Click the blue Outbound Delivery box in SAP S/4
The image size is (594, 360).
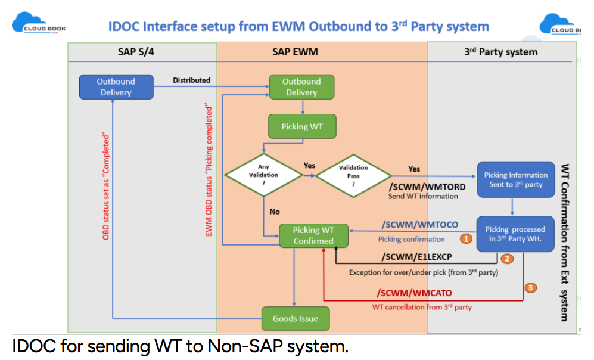[x=116, y=87]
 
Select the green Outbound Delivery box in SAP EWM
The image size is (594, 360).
[x=301, y=87]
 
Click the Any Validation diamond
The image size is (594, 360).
[x=263, y=175]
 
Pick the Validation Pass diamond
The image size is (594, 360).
[x=353, y=175]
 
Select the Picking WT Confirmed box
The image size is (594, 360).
[x=313, y=235]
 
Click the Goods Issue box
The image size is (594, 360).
[x=295, y=318]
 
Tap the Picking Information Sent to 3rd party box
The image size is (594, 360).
[x=515, y=179]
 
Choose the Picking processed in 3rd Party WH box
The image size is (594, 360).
[x=515, y=234]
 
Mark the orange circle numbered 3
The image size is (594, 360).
[x=531, y=288]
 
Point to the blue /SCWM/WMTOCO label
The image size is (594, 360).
[x=419, y=225]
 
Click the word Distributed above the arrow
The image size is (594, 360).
[x=191, y=80]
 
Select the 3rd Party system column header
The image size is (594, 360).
[x=500, y=52]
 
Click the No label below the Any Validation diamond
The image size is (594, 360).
[x=274, y=212]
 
